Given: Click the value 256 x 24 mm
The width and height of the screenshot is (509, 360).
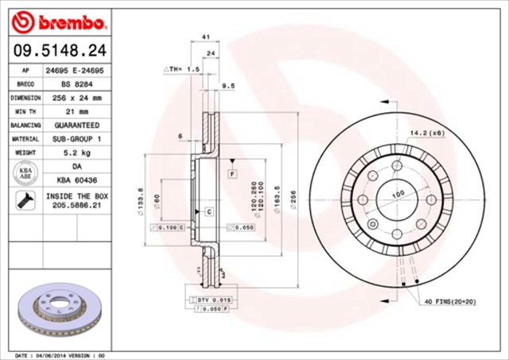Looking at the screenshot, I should (x=77, y=98).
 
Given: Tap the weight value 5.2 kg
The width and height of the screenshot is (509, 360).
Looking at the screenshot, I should (x=77, y=153).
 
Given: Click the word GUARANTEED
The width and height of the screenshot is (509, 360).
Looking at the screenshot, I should (x=77, y=126).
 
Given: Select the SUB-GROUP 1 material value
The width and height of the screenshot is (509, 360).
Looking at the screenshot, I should (x=77, y=139).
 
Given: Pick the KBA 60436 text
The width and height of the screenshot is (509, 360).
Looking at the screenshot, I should (x=77, y=180).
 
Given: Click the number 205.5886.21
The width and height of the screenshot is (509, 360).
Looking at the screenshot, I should (x=77, y=205).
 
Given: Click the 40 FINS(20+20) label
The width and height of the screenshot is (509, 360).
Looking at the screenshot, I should (x=450, y=302).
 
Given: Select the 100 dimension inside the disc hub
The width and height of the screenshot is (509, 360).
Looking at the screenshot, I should (x=396, y=193).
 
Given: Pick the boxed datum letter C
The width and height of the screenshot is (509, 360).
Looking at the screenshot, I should (x=208, y=211).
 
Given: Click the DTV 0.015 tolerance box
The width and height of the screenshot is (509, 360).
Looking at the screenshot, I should (x=212, y=298).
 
